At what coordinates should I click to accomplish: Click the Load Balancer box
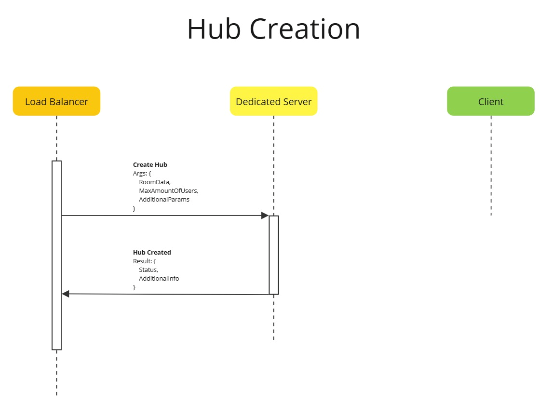point(56,101)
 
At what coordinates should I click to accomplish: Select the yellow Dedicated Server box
point(273,101)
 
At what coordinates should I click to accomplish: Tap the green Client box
point(490,101)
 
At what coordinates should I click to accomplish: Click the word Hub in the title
point(214,29)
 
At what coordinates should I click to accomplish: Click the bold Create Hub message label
point(150,165)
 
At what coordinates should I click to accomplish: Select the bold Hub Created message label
point(152,253)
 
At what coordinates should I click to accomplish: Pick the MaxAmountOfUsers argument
point(168,191)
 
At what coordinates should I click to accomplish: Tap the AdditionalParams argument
point(164,200)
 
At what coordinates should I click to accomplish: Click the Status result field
point(148,270)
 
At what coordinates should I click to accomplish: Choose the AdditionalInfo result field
point(159,279)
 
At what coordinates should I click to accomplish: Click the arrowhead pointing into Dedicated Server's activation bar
point(265,216)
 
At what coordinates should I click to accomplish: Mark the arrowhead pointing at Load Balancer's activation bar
point(66,294)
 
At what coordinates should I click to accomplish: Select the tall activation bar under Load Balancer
point(56,256)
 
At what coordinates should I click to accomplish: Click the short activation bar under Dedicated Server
point(273,255)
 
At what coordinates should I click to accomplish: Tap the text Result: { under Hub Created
point(144,261)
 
